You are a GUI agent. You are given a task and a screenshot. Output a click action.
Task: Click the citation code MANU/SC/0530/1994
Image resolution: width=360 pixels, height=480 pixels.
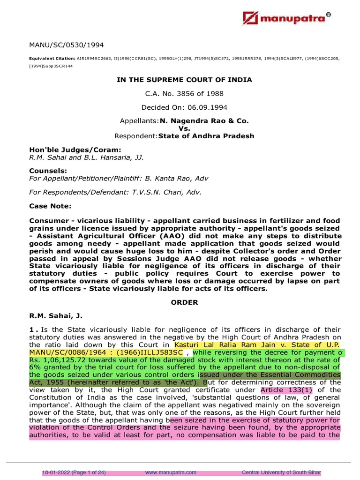(67, 45)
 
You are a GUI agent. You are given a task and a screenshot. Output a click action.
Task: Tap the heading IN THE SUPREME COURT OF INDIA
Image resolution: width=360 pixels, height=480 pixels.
(184, 80)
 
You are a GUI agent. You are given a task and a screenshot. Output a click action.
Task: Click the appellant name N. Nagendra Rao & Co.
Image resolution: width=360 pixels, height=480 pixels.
(204, 120)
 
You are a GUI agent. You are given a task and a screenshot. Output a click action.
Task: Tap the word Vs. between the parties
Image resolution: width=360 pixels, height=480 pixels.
(184, 128)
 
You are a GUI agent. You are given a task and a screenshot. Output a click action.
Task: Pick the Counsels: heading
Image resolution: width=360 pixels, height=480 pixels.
(48, 171)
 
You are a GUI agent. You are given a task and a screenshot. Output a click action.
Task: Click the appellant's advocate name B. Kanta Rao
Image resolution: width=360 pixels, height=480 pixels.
(173, 178)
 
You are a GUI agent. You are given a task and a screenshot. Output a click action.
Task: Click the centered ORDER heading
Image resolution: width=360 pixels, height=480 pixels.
(184, 302)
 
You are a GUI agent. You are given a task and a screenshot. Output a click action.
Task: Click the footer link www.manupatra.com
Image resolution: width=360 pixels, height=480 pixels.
(167, 472)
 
